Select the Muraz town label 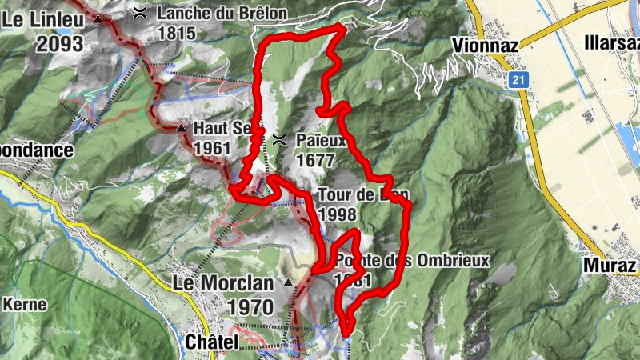610,265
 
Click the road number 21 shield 519,80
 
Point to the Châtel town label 212,342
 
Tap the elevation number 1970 250,306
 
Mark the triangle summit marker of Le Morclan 288,282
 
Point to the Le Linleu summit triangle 98,18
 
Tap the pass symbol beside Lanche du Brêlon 140,11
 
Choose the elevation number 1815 177,34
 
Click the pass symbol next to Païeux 279,140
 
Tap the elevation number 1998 337,214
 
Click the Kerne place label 25,304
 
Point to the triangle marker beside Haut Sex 181,128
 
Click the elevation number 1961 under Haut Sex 212,148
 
